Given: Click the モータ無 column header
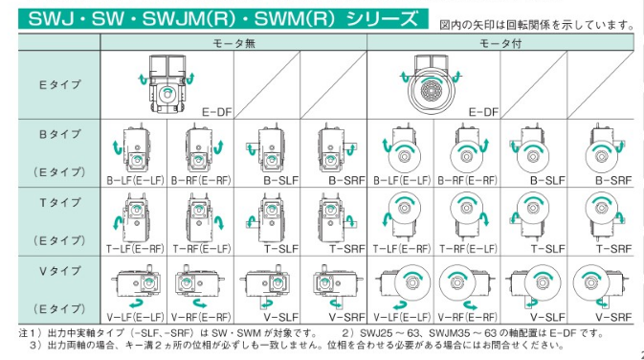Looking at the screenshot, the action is (233, 43).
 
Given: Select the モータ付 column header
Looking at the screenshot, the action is (500, 43).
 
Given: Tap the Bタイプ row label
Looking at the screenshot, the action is (60, 134).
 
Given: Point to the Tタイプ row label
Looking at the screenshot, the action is (60, 203).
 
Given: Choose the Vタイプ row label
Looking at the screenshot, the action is (60, 271).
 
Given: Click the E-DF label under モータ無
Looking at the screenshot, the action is (217, 112).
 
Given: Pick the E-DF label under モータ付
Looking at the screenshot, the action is (483, 112).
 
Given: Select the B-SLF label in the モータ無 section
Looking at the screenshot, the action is (281, 180).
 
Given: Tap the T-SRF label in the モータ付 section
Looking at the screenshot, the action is (613, 249).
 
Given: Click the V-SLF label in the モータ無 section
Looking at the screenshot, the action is (281, 317).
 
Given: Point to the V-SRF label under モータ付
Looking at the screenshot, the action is (613, 317).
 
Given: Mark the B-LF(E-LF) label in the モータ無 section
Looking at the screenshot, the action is (135, 180).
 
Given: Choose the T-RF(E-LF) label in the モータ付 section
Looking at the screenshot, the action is (468, 249).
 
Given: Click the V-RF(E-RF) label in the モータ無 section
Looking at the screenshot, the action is (201, 317).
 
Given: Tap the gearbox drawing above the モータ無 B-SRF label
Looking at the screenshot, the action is (334, 149).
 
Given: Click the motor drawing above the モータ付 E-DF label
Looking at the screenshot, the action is (431, 86).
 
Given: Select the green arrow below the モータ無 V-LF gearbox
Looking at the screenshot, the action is (136, 304).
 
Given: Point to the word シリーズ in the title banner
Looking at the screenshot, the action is (382, 19).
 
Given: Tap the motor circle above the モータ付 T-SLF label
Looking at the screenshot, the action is (533, 208).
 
